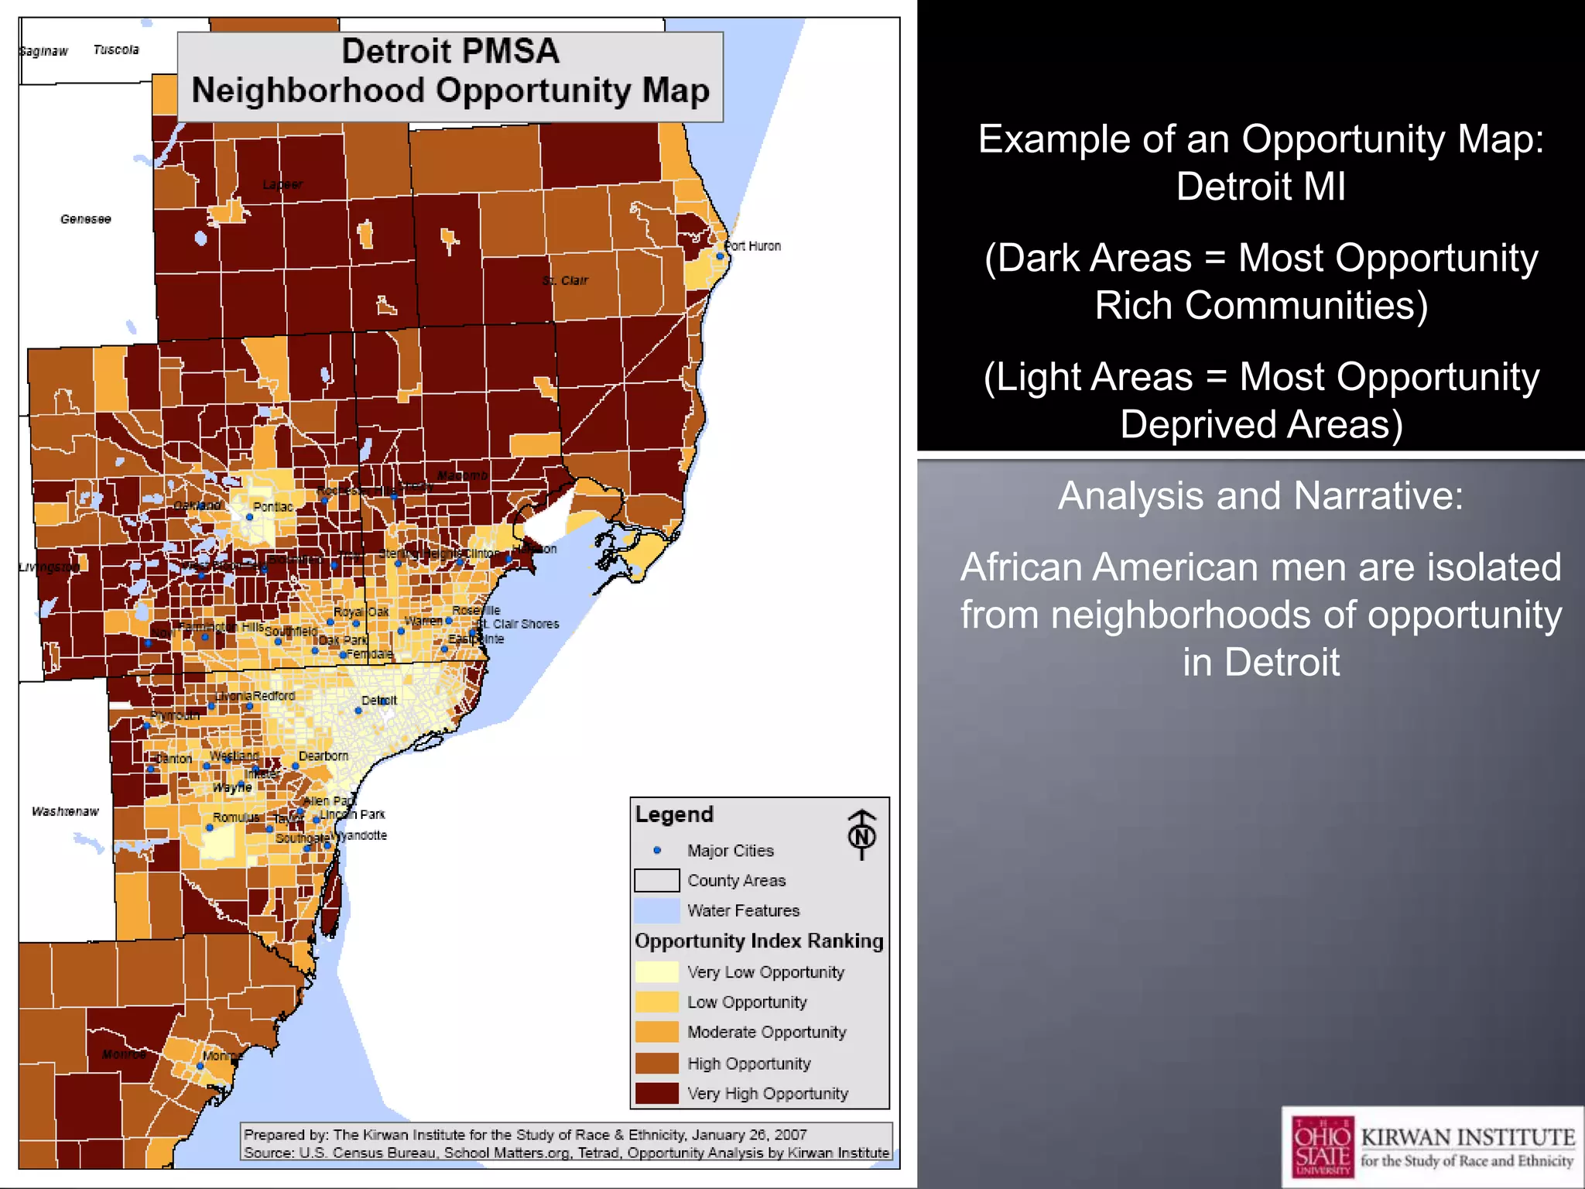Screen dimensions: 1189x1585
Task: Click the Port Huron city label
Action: click(753, 246)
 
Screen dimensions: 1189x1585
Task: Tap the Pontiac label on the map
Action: click(273, 507)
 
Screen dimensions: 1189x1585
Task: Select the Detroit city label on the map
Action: click(379, 701)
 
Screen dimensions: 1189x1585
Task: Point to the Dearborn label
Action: click(324, 756)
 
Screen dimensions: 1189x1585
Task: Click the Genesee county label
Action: click(85, 219)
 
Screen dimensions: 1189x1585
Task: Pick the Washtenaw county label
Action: click(65, 811)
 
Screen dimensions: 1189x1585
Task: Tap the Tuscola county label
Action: click(116, 50)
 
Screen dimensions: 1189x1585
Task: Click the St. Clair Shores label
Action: click(517, 624)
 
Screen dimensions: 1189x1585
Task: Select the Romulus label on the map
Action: click(236, 817)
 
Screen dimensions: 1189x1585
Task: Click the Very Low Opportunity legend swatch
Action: click(656, 972)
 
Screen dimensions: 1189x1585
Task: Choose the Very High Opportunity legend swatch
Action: click(656, 1093)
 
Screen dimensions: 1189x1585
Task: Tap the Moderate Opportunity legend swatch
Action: click(656, 1033)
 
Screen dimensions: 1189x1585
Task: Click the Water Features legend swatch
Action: click(656, 911)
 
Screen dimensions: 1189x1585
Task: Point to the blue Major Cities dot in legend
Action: click(657, 850)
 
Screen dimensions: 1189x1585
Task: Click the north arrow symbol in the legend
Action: click(861, 834)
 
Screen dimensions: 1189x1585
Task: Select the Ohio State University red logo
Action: click(1323, 1146)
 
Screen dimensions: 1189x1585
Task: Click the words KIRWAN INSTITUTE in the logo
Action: click(1467, 1137)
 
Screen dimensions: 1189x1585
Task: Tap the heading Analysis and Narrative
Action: click(1260, 495)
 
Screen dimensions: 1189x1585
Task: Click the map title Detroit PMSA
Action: click(450, 52)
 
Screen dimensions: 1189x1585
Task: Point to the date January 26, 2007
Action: click(749, 1135)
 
